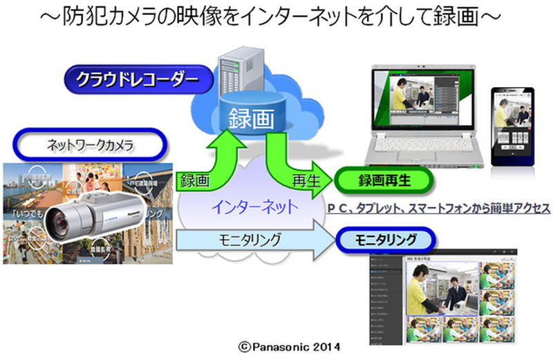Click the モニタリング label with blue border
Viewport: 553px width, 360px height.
click(387, 240)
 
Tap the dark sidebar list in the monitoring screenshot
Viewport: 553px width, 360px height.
click(382, 297)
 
